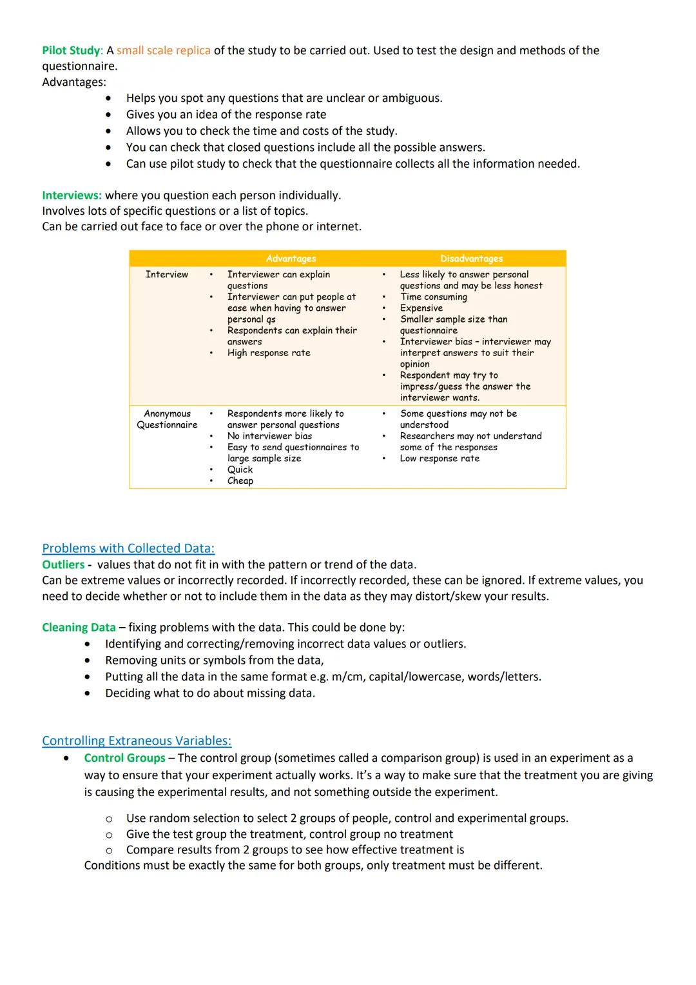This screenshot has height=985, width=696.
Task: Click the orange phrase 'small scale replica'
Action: [x=163, y=50]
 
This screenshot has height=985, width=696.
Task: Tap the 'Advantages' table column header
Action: [x=291, y=259]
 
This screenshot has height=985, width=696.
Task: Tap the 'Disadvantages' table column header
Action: [x=471, y=259]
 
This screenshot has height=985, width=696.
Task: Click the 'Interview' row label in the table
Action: [x=167, y=275]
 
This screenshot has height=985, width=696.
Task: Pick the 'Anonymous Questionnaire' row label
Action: [x=167, y=419]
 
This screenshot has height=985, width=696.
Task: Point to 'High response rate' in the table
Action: [x=269, y=353]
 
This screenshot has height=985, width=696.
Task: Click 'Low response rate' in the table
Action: [x=440, y=459]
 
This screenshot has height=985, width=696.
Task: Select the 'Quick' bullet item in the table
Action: [x=240, y=470]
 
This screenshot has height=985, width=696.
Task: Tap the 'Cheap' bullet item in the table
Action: [x=240, y=481]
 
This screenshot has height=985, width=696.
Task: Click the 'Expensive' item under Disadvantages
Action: [x=421, y=308]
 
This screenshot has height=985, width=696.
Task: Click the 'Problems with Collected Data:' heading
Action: [x=128, y=548]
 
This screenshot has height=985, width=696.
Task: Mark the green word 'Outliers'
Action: [x=63, y=564]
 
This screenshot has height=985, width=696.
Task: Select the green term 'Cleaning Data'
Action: [x=79, y=628]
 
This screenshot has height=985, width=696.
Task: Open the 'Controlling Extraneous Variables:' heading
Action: [x=137, y=741]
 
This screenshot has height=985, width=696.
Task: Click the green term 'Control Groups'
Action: [x=124, y=758]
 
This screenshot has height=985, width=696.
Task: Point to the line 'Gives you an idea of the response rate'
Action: [x=226, y=115]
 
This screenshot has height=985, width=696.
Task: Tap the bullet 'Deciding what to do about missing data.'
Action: [x=210, y=693]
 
